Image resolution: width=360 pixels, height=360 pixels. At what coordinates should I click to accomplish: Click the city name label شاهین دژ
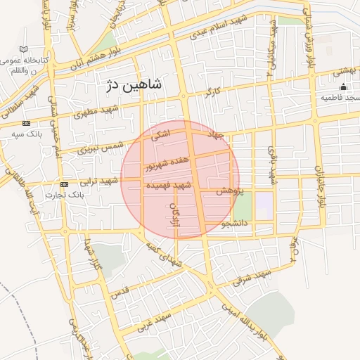133,85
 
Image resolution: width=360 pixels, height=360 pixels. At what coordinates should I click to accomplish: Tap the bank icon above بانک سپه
26,123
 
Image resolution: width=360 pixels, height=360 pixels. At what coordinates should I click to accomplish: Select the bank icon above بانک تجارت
64,184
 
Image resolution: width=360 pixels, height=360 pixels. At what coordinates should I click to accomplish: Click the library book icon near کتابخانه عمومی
25,49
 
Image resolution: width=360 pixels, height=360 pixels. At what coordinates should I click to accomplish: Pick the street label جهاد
215,134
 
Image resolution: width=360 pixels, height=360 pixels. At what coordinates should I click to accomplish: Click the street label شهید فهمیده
168,185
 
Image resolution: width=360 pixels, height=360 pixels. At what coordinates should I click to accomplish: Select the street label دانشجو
235,224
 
